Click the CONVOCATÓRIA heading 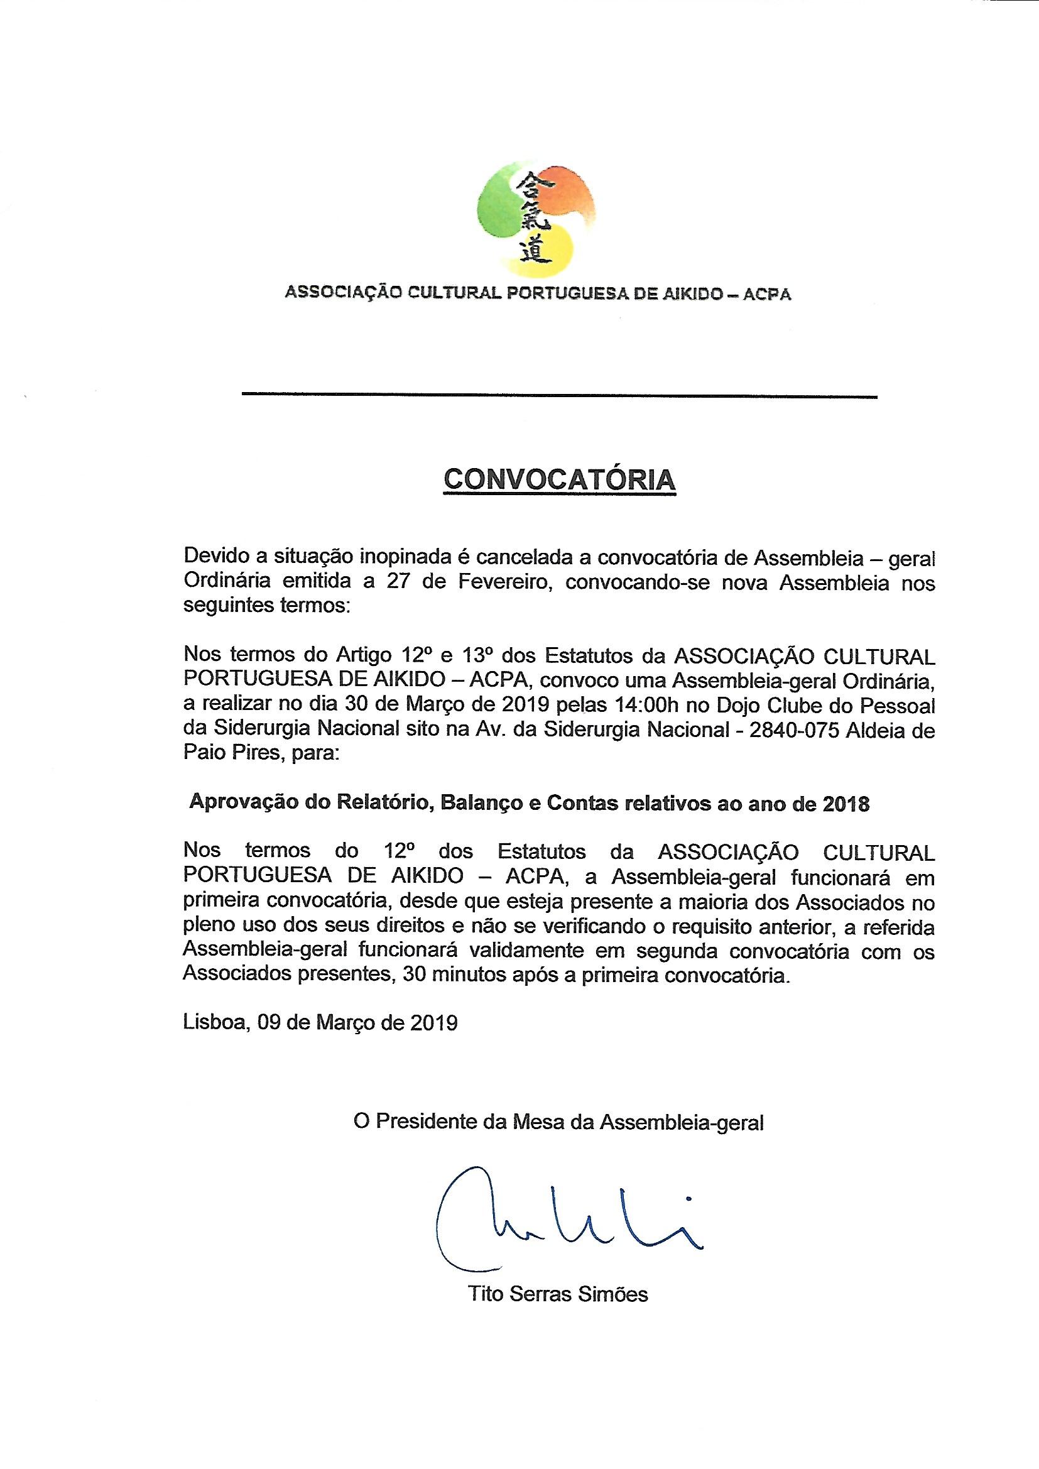pos(559,480)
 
